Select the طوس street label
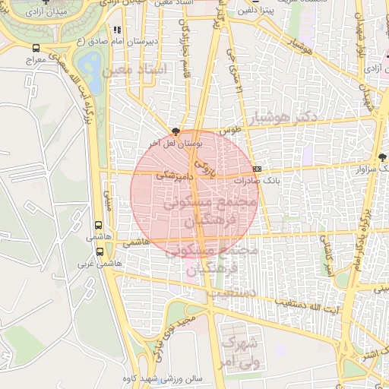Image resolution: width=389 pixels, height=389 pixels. [x=230, y=130]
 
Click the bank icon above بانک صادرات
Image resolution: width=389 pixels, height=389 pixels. [x=257, y=169]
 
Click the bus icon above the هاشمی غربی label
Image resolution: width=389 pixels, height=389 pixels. [x=100, y=251]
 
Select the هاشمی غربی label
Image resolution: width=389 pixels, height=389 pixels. [x=100, y=264]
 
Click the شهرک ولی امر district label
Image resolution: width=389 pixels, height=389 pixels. [x=242, y=351]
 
